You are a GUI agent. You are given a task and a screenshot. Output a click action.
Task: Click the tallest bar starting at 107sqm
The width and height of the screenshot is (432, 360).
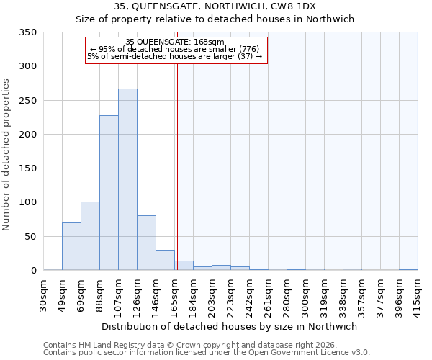pos(127,180)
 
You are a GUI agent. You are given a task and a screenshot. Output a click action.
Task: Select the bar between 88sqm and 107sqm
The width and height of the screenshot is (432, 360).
pos(109,193)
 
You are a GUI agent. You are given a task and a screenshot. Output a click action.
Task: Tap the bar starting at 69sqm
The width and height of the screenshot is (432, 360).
pos(90,236)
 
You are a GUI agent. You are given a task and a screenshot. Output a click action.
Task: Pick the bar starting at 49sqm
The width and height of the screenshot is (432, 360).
pos(71,246)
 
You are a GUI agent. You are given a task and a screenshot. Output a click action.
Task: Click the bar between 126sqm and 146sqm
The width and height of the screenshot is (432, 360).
pos(146,243)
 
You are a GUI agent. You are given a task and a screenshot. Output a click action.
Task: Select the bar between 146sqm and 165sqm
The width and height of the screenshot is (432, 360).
pos(165,260)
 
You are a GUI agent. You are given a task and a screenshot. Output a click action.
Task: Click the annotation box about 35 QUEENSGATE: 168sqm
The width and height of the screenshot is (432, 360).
pos(176,50)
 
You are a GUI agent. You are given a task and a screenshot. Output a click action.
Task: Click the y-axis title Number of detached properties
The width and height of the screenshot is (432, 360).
pos(7,155)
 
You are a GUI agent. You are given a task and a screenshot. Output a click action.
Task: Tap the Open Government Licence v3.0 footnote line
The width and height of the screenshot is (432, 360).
pos(207,353)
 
